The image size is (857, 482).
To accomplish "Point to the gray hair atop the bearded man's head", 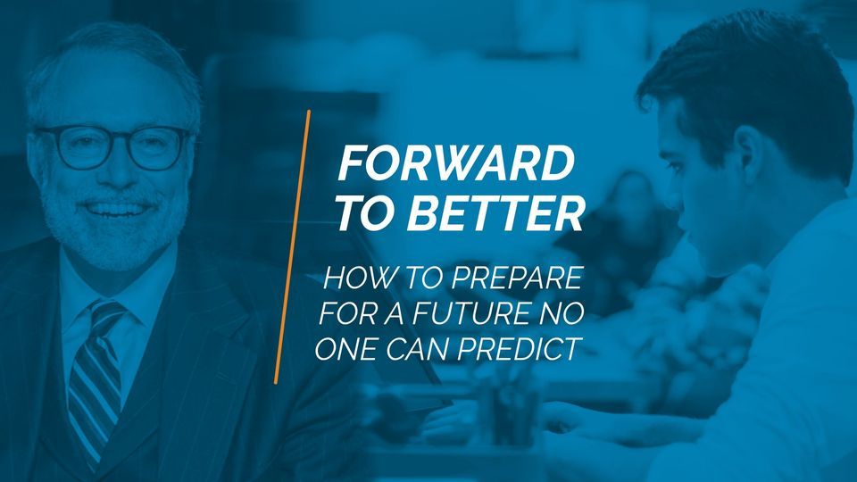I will [x=107, y=54].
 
